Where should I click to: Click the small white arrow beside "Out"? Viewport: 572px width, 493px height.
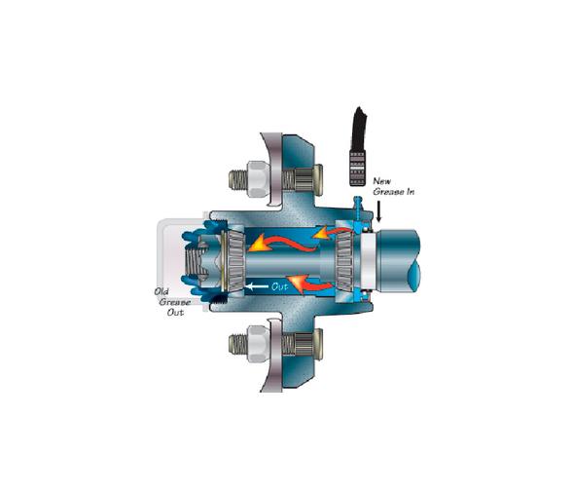[x=255, y=286]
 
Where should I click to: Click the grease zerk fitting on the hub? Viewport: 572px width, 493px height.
[x=361, y=210]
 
